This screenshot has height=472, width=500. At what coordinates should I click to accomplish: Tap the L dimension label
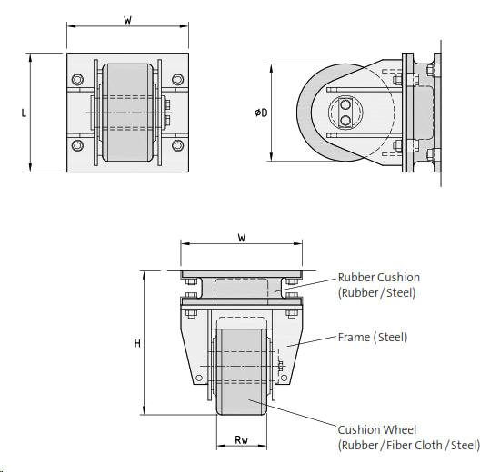tap(23, 113)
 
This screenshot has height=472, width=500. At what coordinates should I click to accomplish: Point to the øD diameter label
tap(262, 113)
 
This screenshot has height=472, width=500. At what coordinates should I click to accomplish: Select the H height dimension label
tap(136, 343)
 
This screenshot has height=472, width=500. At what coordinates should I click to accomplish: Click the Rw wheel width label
tap(241, 440)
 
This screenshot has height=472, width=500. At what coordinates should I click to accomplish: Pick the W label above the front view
tap(241, 237)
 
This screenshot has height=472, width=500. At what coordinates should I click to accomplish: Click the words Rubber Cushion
tap(378, 278)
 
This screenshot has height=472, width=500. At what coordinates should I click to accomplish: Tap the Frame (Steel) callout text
tap(372, 338)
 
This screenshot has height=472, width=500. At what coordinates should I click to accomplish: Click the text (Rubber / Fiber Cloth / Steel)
tap(408, 445)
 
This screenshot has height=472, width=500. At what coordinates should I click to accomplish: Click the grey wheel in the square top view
tap(127, 113)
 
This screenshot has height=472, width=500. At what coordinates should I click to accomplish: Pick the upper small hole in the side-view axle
tap(346, 104)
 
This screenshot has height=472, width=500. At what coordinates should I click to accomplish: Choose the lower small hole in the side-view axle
tap(346, 119)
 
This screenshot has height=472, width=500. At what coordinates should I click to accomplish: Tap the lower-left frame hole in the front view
tap(196, 373)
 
